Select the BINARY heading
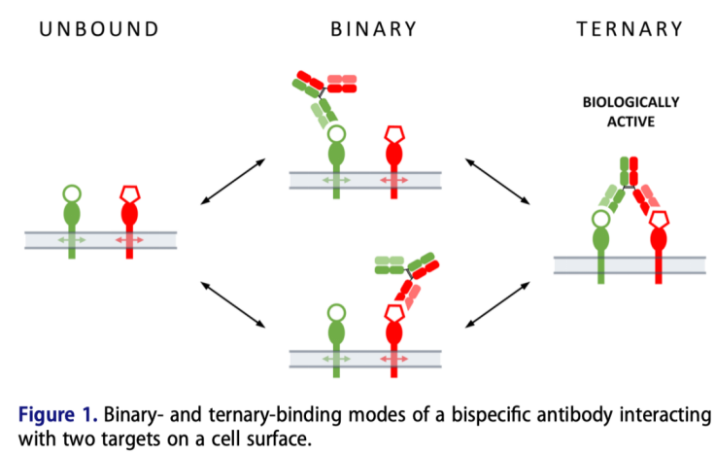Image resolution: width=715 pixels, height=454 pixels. tap(374, 28)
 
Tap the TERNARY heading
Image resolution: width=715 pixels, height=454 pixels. tap(630, 28)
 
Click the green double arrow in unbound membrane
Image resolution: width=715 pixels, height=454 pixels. tap(73, 239)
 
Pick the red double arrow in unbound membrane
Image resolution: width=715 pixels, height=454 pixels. tap(129, 239)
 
